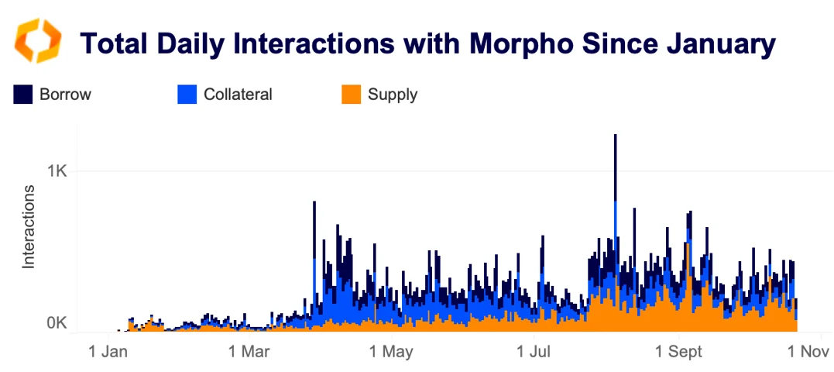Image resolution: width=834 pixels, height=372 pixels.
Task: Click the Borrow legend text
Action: (x=66, y=95)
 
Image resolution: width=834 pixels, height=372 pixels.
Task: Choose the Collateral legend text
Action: (x=238, y=95)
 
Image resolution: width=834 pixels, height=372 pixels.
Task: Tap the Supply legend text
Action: (x=393, y=95)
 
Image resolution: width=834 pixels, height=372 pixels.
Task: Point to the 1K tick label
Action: (x=57, y=170)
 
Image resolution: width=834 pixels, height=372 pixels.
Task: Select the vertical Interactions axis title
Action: (x=29, y=226)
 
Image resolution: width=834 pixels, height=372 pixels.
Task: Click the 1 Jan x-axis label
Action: (x=109, y=351)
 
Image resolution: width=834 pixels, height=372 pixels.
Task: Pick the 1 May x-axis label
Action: (x=392, y=351)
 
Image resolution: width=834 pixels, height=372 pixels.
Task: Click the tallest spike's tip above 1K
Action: (x=615, y=136)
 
